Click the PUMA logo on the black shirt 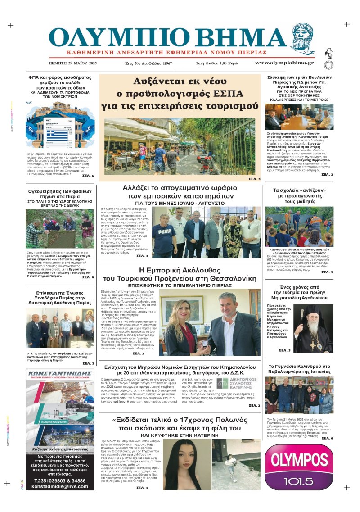164,232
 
